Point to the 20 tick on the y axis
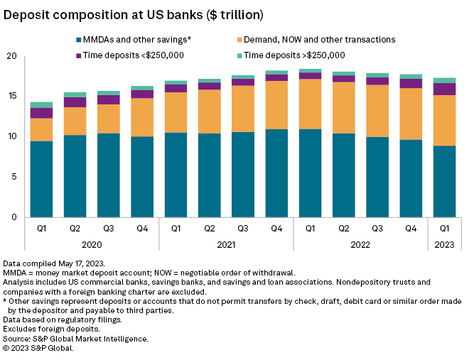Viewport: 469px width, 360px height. pos(11,56)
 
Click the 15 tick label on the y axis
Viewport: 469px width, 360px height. pos(11,97)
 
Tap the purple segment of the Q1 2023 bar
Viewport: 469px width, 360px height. pos(445,89)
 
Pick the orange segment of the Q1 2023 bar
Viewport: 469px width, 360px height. pos(445,120)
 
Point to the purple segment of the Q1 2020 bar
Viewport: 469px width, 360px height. pos(41,113)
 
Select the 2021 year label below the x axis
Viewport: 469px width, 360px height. pos(226,244)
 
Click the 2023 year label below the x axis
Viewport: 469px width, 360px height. pos(445,244)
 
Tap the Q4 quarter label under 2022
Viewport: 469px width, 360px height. pos(411,229)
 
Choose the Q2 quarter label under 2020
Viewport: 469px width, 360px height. pos(75,229)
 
